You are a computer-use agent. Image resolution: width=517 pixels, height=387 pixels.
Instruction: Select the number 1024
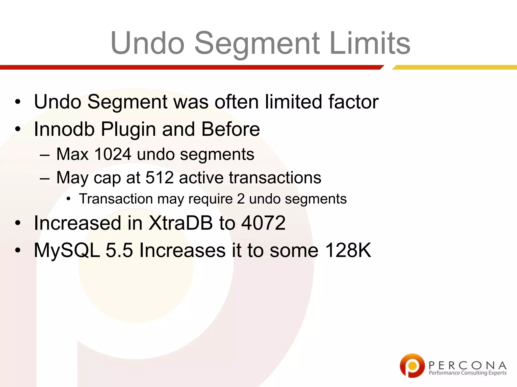(113, 154)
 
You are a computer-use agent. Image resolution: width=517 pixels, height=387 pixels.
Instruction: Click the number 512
(160, 177)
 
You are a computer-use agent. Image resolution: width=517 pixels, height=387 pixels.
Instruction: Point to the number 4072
(263, 223)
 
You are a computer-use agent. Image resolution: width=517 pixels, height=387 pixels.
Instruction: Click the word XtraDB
(180, 223)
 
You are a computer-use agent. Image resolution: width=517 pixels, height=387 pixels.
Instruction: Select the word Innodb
(64, 129)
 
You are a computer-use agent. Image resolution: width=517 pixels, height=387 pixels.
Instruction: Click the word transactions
(275, 177)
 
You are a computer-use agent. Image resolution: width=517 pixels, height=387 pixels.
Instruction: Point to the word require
(211, 199)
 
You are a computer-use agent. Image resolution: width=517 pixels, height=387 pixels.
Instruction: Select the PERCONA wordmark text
(467, 365)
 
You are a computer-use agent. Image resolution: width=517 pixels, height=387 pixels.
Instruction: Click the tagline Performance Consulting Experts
(467, 373)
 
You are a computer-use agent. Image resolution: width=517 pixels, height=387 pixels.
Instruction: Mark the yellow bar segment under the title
(454, 67)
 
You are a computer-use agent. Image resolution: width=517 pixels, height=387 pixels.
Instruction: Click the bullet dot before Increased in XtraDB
(17, 223)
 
